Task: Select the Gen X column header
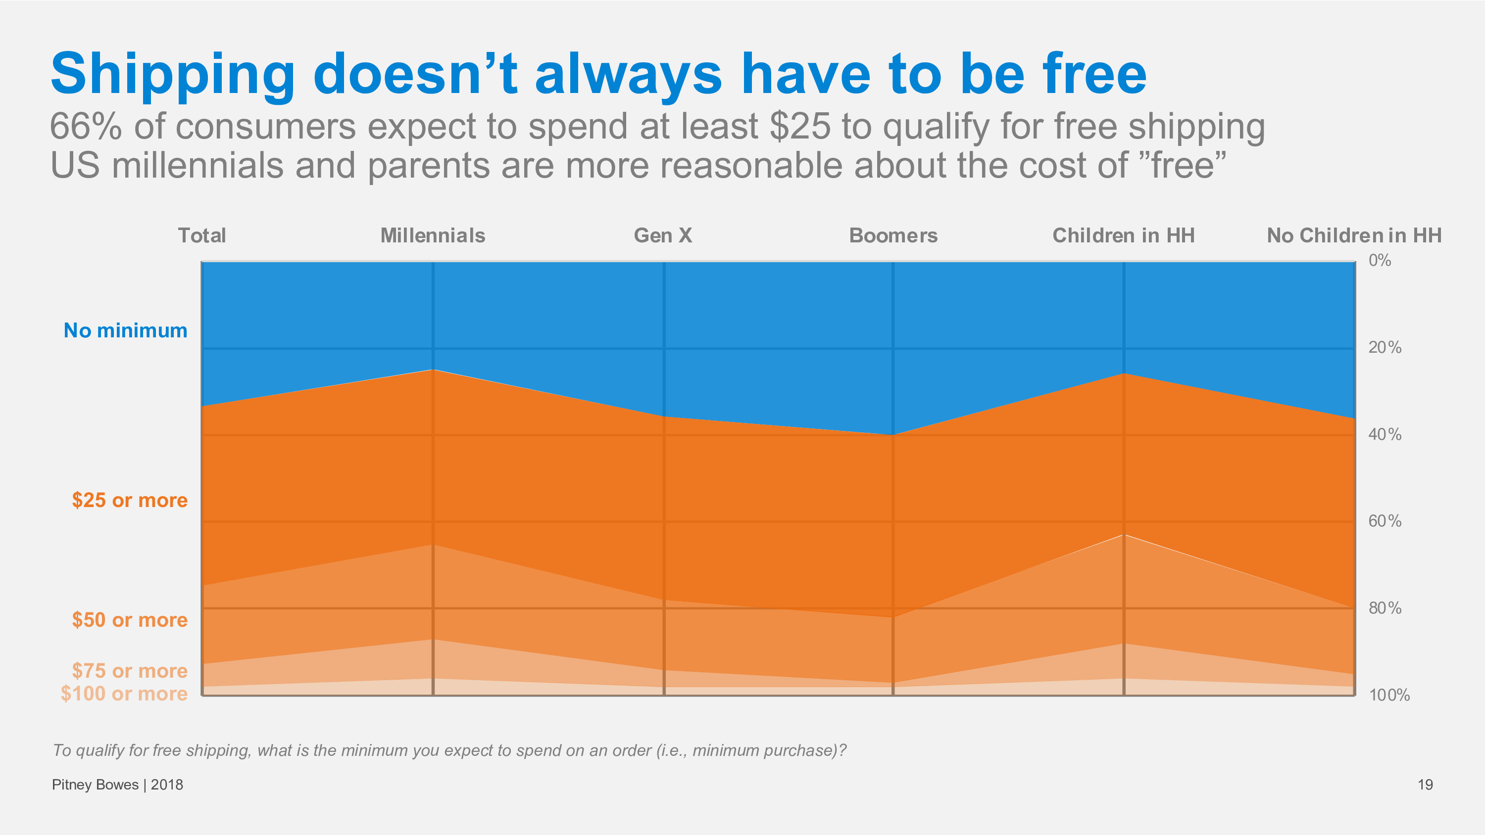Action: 662,235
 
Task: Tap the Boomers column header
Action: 893,235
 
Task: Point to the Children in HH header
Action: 1123,235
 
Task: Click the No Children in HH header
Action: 1353,235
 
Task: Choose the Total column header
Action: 202,235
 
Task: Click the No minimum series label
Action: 125,330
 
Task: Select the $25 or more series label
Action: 130,500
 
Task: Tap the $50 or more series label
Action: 130,620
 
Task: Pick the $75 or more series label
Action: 130,671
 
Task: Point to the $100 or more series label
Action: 124,693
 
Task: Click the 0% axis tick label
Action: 1380,261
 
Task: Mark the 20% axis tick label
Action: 1385,347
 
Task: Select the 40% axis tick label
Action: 1385,434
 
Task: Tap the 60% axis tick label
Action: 1385,521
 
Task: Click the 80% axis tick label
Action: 1385,608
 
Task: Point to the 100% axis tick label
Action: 1389,696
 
